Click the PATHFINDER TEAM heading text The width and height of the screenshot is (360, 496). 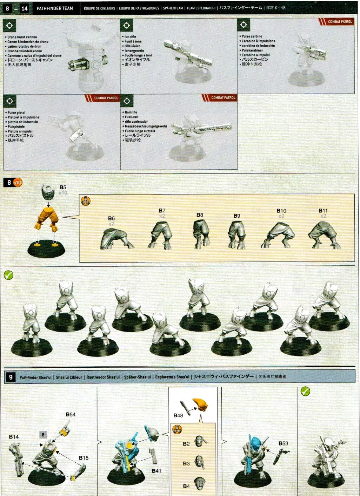55,8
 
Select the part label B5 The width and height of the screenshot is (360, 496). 62,188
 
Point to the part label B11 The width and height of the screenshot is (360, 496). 323,211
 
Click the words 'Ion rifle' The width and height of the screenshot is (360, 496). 130,36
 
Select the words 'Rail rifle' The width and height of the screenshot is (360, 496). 131,112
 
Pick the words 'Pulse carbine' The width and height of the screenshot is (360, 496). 252,36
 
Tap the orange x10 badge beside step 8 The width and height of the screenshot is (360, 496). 18,182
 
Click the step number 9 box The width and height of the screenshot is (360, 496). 11,377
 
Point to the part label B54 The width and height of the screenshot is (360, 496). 71,414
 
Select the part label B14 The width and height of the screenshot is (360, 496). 14,437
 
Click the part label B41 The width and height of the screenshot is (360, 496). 156,471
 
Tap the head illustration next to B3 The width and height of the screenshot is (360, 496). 199,463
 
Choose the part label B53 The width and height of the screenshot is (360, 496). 283,443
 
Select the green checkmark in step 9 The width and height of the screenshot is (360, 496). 305,391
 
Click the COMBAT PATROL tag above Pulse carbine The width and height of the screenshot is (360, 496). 339,22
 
